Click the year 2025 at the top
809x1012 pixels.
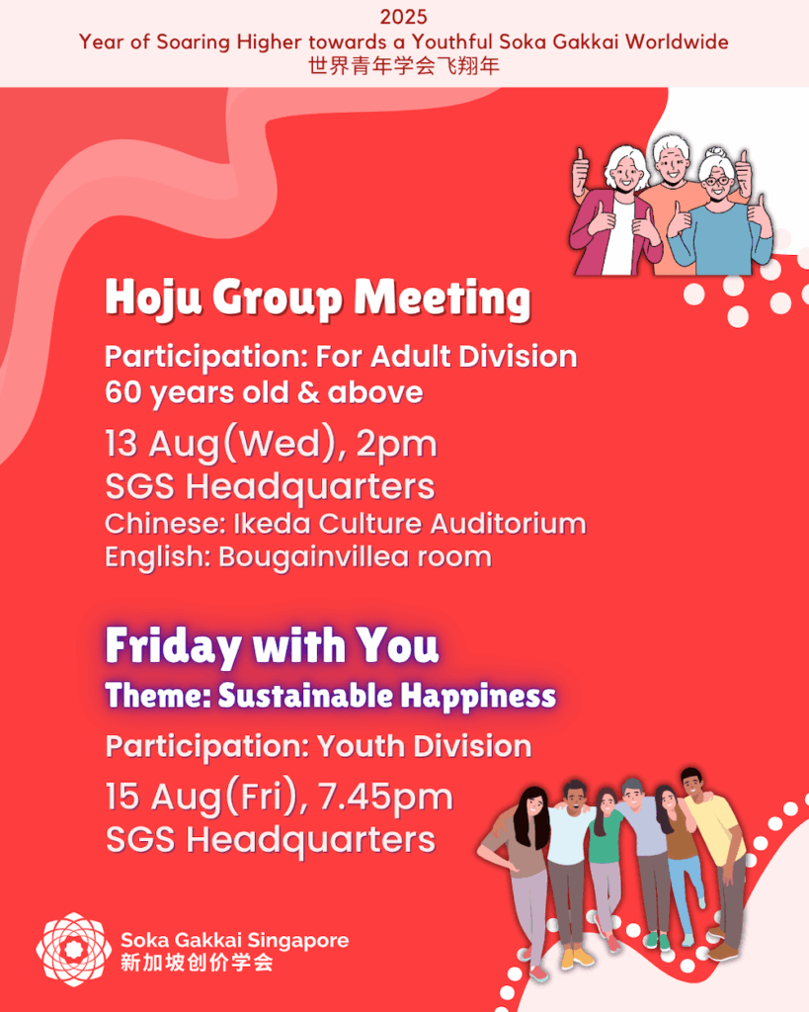point(403,17)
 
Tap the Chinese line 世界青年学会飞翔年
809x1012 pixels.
point(404,66)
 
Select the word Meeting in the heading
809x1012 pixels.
point(443,298)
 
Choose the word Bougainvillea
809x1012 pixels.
point(313,557)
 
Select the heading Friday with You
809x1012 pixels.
point(273,646)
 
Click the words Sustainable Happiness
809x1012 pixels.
point(386,696)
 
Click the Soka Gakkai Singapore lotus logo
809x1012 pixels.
point(73,949)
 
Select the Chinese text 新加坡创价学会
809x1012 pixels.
point(197,963)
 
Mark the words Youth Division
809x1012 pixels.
point(424,747)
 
